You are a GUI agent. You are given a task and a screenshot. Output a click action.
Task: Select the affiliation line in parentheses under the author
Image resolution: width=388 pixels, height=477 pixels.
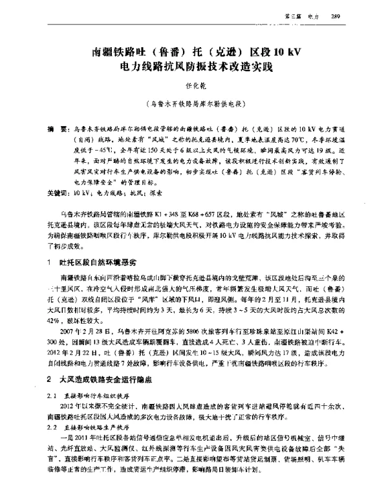click(x=194, y=103)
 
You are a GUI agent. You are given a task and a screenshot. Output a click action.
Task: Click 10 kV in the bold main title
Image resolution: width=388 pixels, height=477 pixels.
click(x=280, y=50)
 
